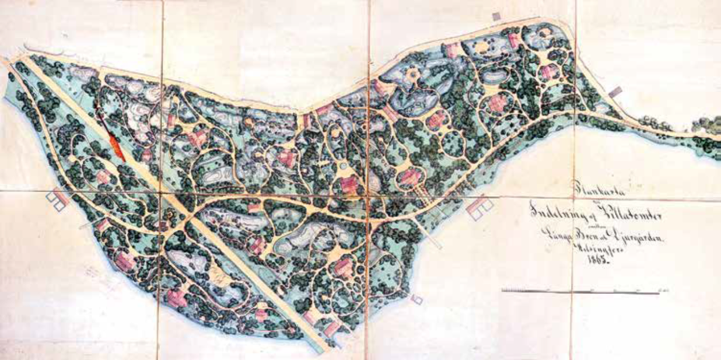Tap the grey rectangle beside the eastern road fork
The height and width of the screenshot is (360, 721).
pos(615,93)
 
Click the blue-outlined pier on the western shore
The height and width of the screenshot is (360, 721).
pos(55,198)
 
